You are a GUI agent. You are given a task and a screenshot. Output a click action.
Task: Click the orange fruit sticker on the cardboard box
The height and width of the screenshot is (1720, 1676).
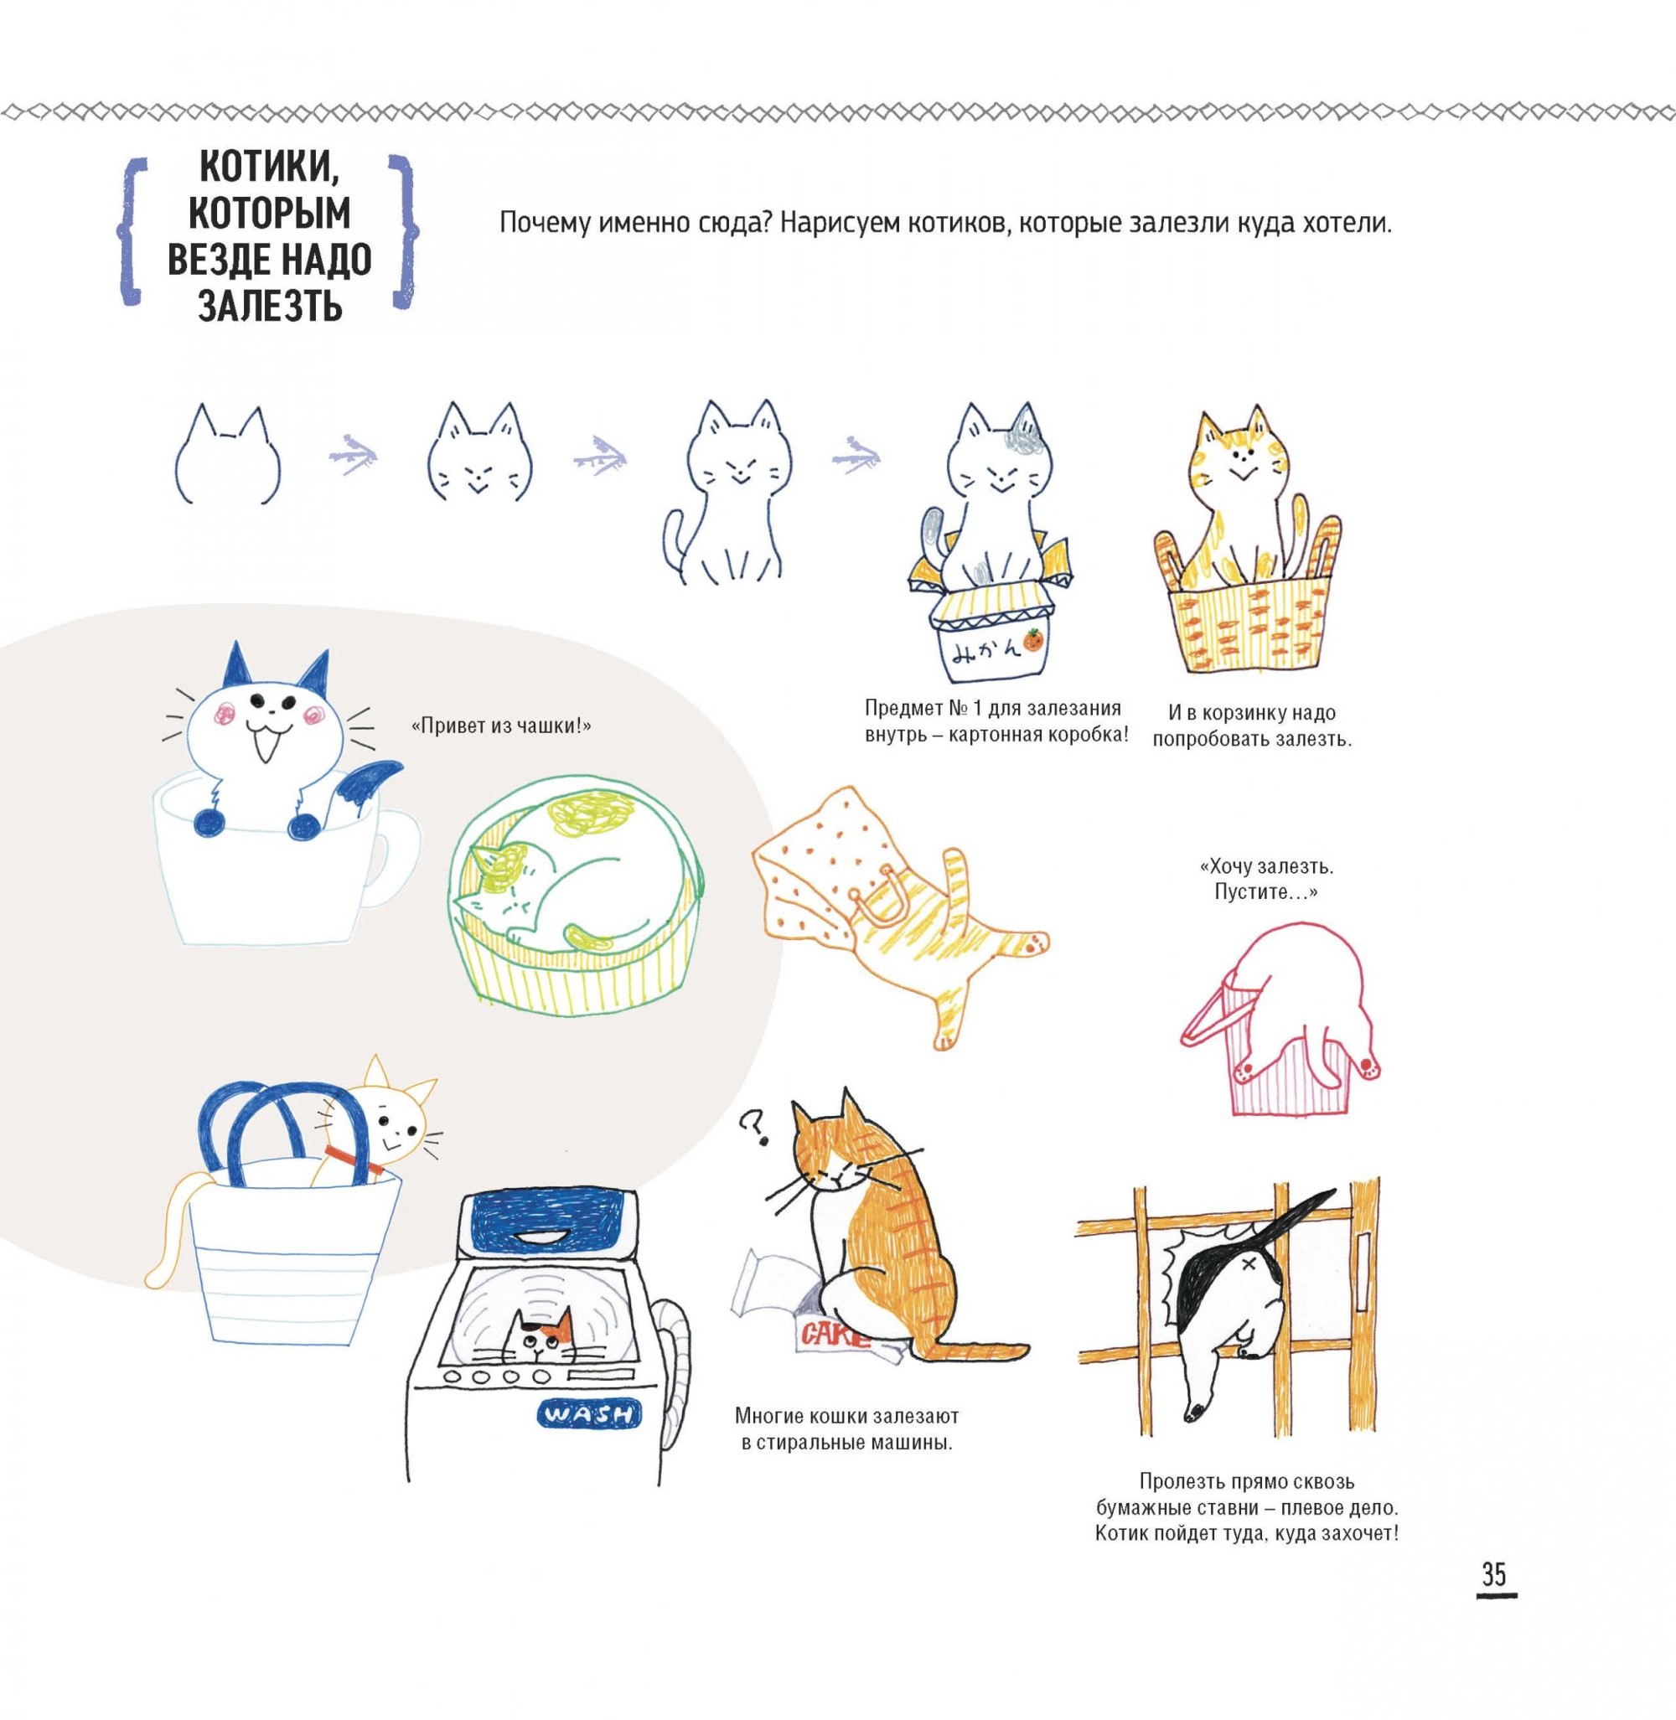(1034, 640)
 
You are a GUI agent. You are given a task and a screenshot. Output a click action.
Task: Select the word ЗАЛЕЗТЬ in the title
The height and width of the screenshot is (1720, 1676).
(270, 308)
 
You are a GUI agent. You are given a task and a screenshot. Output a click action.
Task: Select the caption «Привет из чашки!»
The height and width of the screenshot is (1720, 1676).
(501, 728)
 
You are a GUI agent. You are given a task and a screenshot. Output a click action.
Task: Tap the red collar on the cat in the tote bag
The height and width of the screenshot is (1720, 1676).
(352, 1159)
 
